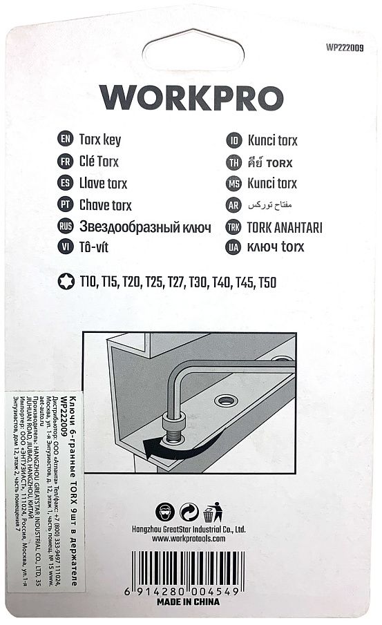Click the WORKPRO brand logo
[191, 99]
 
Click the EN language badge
[66, 140]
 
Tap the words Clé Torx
[99, 162]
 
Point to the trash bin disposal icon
[211, 512]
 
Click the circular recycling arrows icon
[189, 512]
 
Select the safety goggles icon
[167, 512]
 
